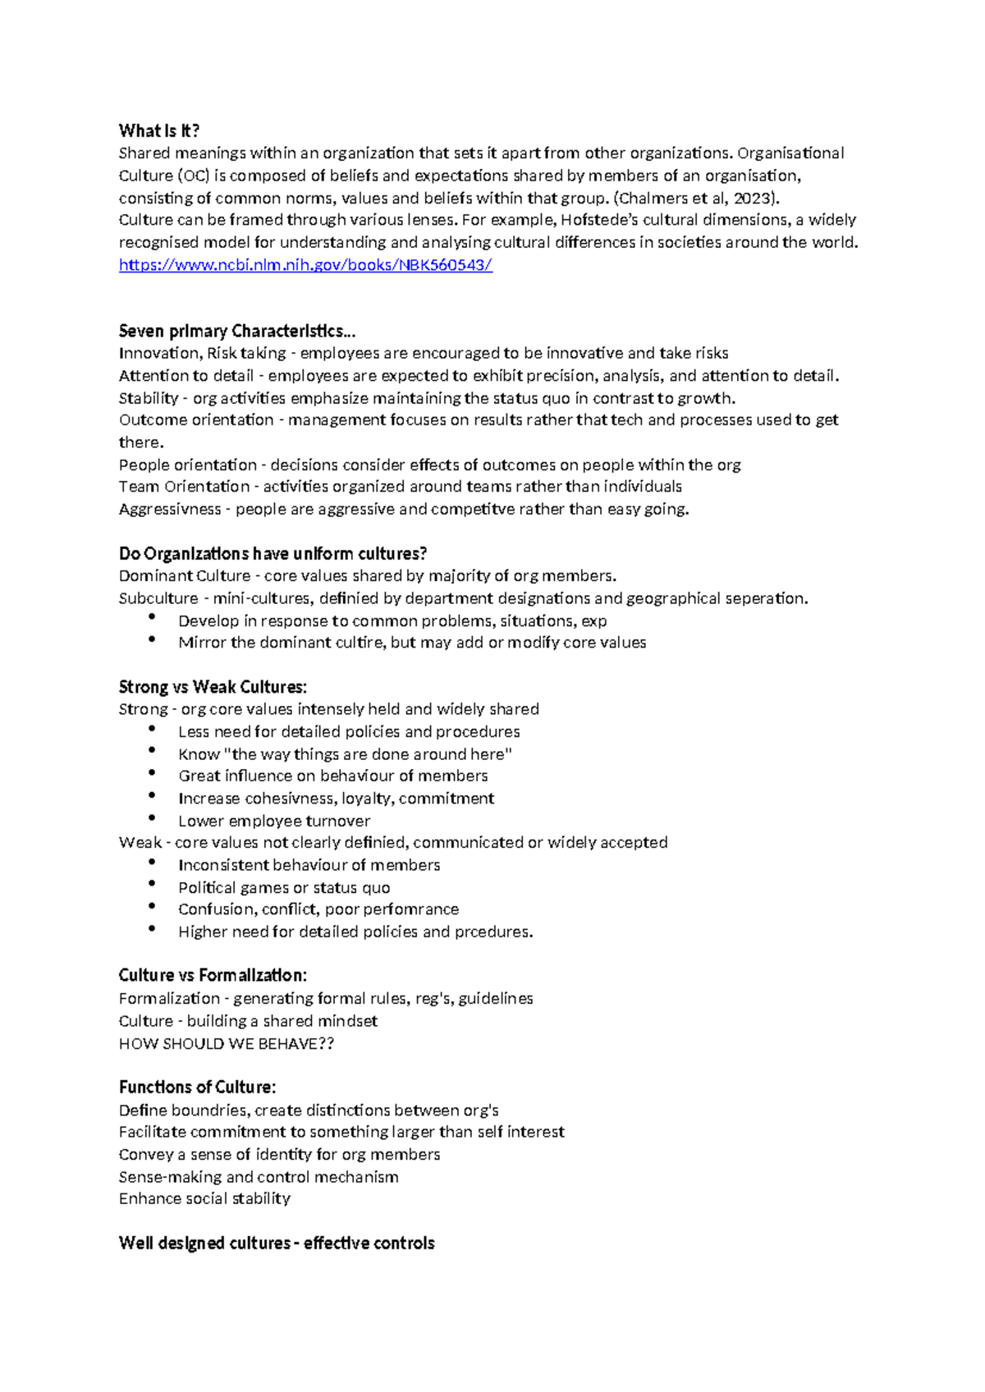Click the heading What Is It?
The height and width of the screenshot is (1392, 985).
click(159, 131)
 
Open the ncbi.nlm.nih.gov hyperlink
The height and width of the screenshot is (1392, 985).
click(305, 265)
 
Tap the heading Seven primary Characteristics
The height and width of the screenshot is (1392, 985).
click(237, 332)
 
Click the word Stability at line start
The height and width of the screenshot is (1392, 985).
click(149, 398)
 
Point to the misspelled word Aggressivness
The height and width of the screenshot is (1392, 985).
click(170, 510)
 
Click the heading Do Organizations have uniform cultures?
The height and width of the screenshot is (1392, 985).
click(273, 554)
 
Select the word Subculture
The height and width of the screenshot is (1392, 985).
click(158, 598)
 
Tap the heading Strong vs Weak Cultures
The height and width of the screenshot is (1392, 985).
click(213, 687)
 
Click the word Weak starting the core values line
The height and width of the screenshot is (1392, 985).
click(140, 843)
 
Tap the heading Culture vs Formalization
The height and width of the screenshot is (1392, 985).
click(213, 976)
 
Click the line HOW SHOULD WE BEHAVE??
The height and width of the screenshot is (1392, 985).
click(227, 1044)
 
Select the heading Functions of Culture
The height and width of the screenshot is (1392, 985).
click(197, 1087)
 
